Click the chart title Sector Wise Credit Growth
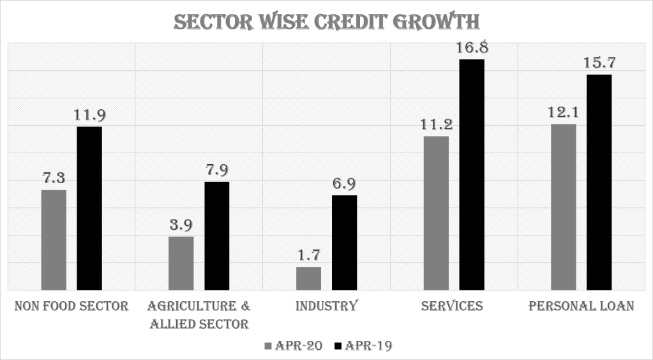coord(326,21)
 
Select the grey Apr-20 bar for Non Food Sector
coord(54,240)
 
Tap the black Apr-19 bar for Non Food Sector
coord(89,209)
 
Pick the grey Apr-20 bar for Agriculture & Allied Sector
coord(181,264)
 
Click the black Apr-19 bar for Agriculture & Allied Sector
coord(217,236)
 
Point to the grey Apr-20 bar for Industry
coord(309,278)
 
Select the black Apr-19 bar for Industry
coord(345,243)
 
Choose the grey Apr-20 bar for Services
coord(437,213)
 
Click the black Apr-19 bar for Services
coord(472,175)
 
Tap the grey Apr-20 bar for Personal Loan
coord(564,207)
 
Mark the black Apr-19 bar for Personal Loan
coord(599,183)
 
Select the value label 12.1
coord(564,112)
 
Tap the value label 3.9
coord(181,225)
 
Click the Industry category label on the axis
coord(326,306)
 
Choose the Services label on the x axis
coord(452,306)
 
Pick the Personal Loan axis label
coord(582,306)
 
